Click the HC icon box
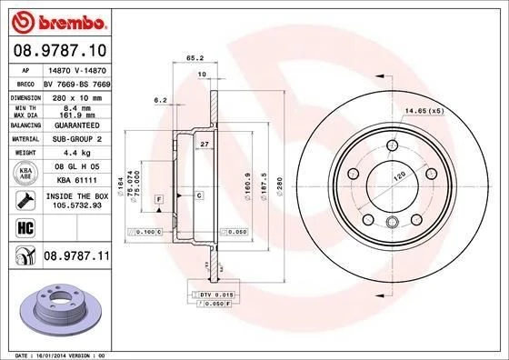click(20, 227)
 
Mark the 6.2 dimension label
click(162, 99)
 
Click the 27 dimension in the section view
click(205, 145)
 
